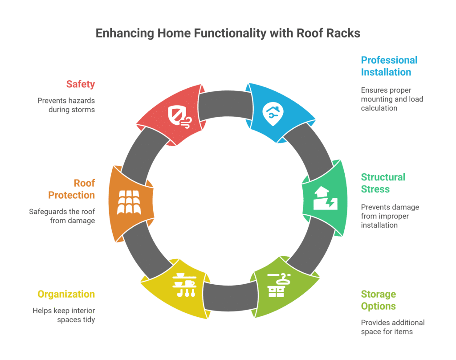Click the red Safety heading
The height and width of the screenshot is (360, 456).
click(80, 84)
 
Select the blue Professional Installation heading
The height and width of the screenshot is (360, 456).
click(389, 66)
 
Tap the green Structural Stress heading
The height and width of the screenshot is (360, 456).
click(383, 183)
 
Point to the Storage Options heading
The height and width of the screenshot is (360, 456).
click(378, 300)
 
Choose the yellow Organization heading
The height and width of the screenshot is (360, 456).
click(66, 294)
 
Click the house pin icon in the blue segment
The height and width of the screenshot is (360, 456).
click(274, 114)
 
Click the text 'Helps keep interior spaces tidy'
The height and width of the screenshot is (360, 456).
click(64, 315)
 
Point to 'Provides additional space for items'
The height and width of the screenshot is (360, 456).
click(393, 327)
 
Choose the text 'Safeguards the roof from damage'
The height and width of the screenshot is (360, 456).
click(62, 216)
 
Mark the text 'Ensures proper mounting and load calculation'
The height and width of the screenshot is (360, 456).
click(392, 99)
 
